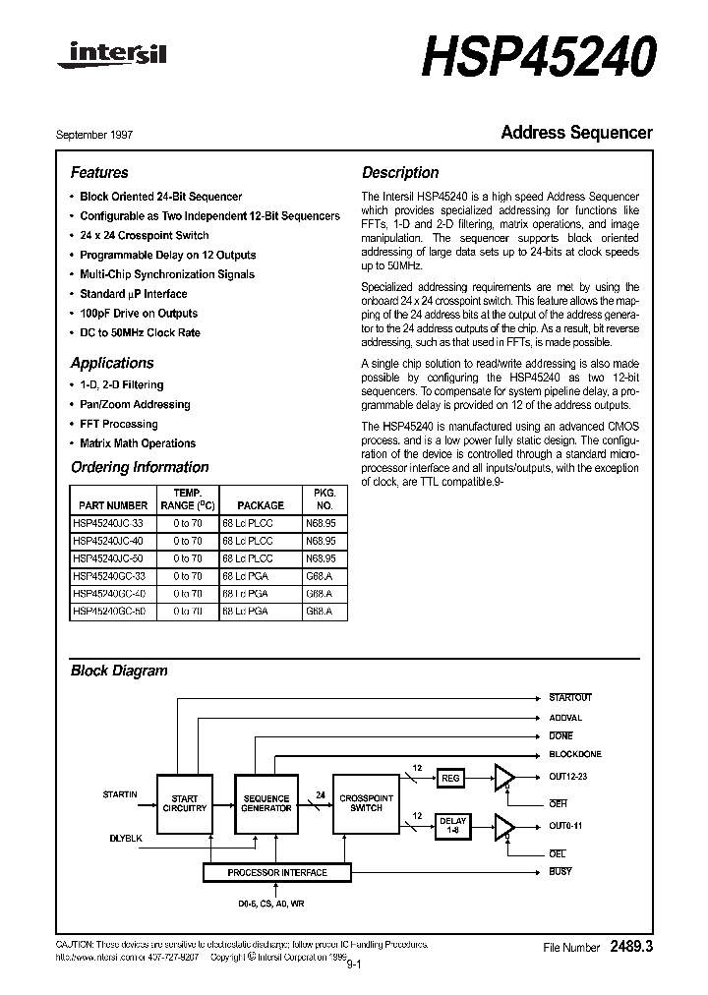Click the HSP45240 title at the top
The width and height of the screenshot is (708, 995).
coord(538,58)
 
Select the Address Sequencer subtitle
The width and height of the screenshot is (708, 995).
coord(576,133)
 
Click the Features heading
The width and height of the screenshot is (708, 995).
coord(99,172)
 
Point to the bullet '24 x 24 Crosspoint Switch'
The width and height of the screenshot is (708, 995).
coord(144,236)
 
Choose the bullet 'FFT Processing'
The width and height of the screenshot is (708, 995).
coord(118,424)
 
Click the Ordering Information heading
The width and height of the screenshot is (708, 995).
coord(140,467)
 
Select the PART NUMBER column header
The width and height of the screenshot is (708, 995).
coord(110,505)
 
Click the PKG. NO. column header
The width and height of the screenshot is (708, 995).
coord(324,498)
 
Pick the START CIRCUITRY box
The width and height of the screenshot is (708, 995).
coord(184,803)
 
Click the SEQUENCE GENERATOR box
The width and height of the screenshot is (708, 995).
coord(265,803)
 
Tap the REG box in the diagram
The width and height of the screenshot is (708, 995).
coord(450,778)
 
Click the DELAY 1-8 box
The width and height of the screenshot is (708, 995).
coord(452,826)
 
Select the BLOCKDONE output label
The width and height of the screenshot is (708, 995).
coord(575,754)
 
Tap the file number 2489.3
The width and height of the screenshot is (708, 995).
coord(631,947)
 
